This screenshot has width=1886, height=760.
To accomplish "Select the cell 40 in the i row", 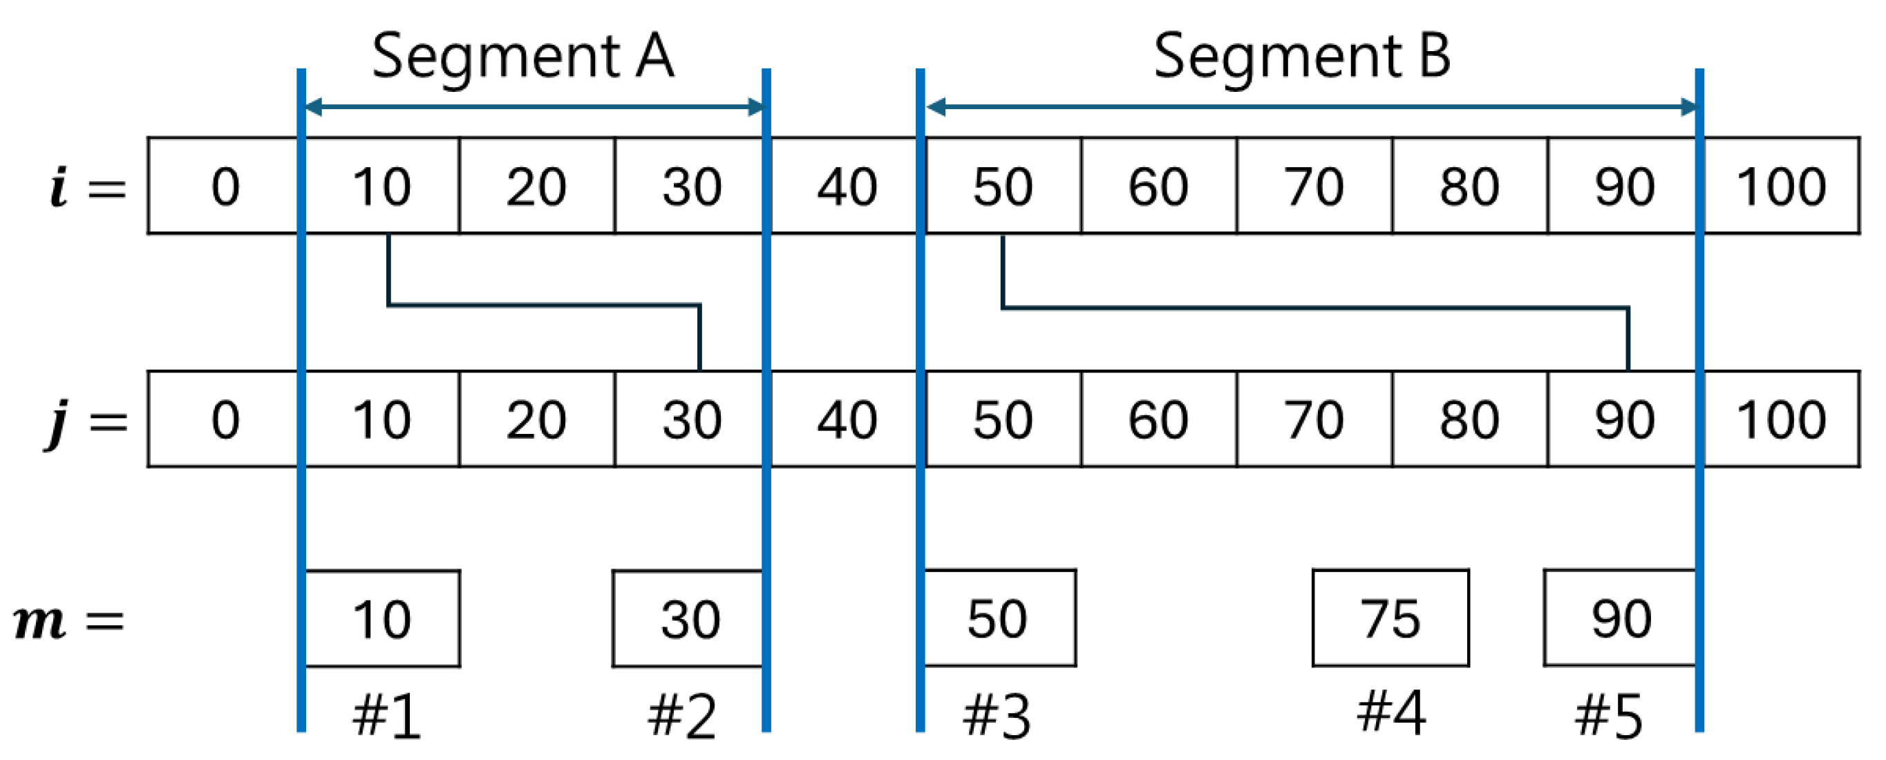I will (847, 186).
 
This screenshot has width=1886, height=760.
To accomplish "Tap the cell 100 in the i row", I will (1780, 186).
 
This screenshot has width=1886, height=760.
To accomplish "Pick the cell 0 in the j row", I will (225, 419).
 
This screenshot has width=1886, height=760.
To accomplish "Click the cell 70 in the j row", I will (1314, 419).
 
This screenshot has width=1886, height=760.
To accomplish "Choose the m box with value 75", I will (1390, 618).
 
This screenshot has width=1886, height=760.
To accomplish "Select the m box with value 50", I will (999, 618).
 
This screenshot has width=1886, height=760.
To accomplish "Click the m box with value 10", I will (382, 618).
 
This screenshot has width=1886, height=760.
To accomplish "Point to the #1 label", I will (386, 715).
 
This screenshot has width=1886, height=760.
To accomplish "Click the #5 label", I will (1608, 715).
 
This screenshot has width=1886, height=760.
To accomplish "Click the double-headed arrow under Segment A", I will (534, 108).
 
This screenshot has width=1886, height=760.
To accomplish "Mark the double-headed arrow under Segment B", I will (1310, 108).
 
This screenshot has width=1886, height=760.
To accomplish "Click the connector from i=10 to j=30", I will (543, 305).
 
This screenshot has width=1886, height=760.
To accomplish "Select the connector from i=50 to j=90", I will (1314, 307).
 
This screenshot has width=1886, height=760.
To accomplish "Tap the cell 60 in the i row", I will (1158, 186).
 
